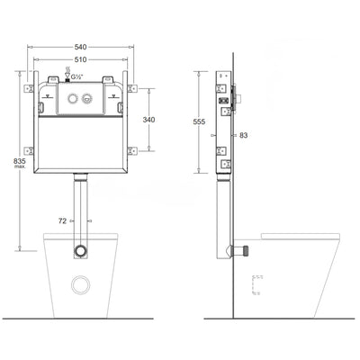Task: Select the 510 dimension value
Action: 82,59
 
